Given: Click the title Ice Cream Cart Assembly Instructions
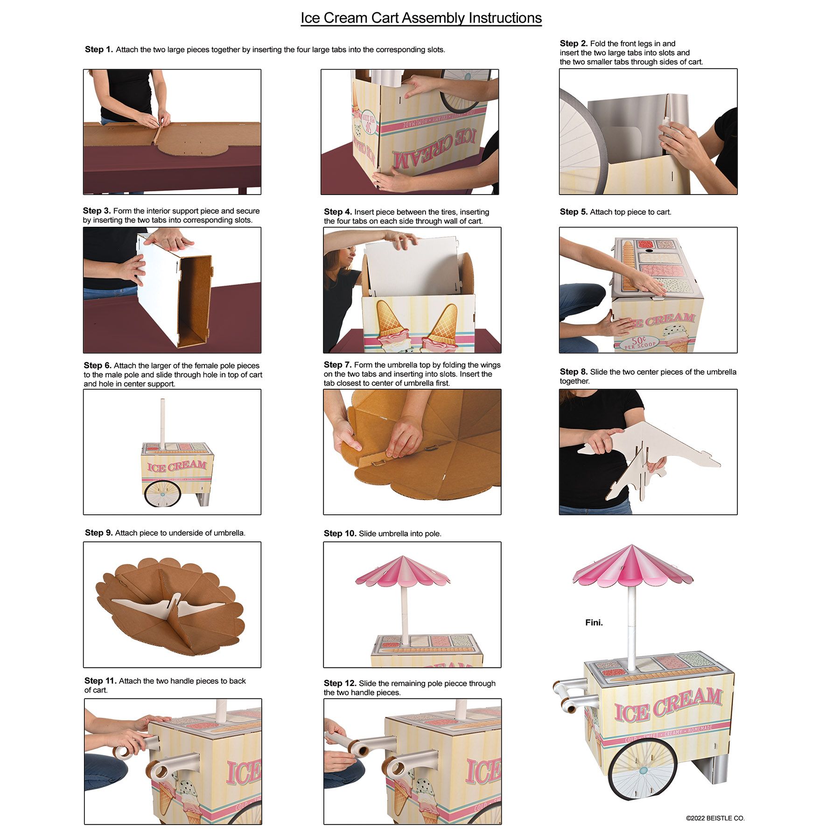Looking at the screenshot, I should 420,18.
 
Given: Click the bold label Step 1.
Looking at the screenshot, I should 98,49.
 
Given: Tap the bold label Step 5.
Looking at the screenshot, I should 574,212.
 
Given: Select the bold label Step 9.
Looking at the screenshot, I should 98,533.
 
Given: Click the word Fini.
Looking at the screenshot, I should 594,623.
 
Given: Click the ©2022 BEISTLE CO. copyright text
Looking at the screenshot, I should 715,818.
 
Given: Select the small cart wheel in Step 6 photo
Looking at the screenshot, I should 162,494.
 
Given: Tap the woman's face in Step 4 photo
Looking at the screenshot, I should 344,263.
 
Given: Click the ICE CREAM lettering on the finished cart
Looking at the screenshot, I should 667,706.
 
